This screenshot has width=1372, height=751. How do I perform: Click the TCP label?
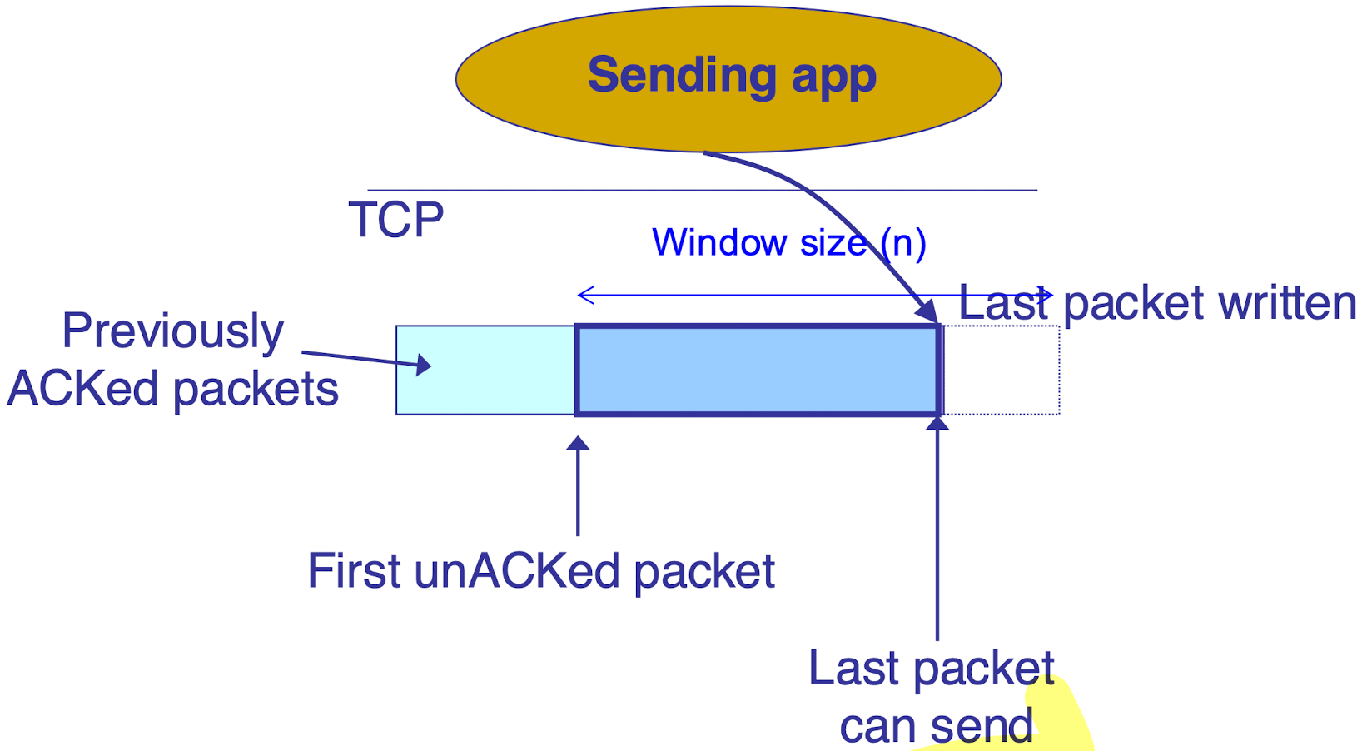click(x=395, y=221)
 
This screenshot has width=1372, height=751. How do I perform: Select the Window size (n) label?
click(x=788, y=242)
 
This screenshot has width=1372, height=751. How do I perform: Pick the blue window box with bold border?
click(x=758, y=370)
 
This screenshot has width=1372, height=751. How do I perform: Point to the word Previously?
click(x=173, y=331)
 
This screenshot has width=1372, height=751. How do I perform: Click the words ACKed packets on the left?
click(x=173, y=389)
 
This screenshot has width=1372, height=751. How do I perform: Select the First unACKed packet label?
click(x=541, y=571)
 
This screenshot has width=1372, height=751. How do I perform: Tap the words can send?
click(x=936, y=726)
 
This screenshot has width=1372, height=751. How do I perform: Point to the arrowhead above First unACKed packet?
click(x=578, y=444)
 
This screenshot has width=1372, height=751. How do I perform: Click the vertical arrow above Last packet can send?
click(x=937, y=533)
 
